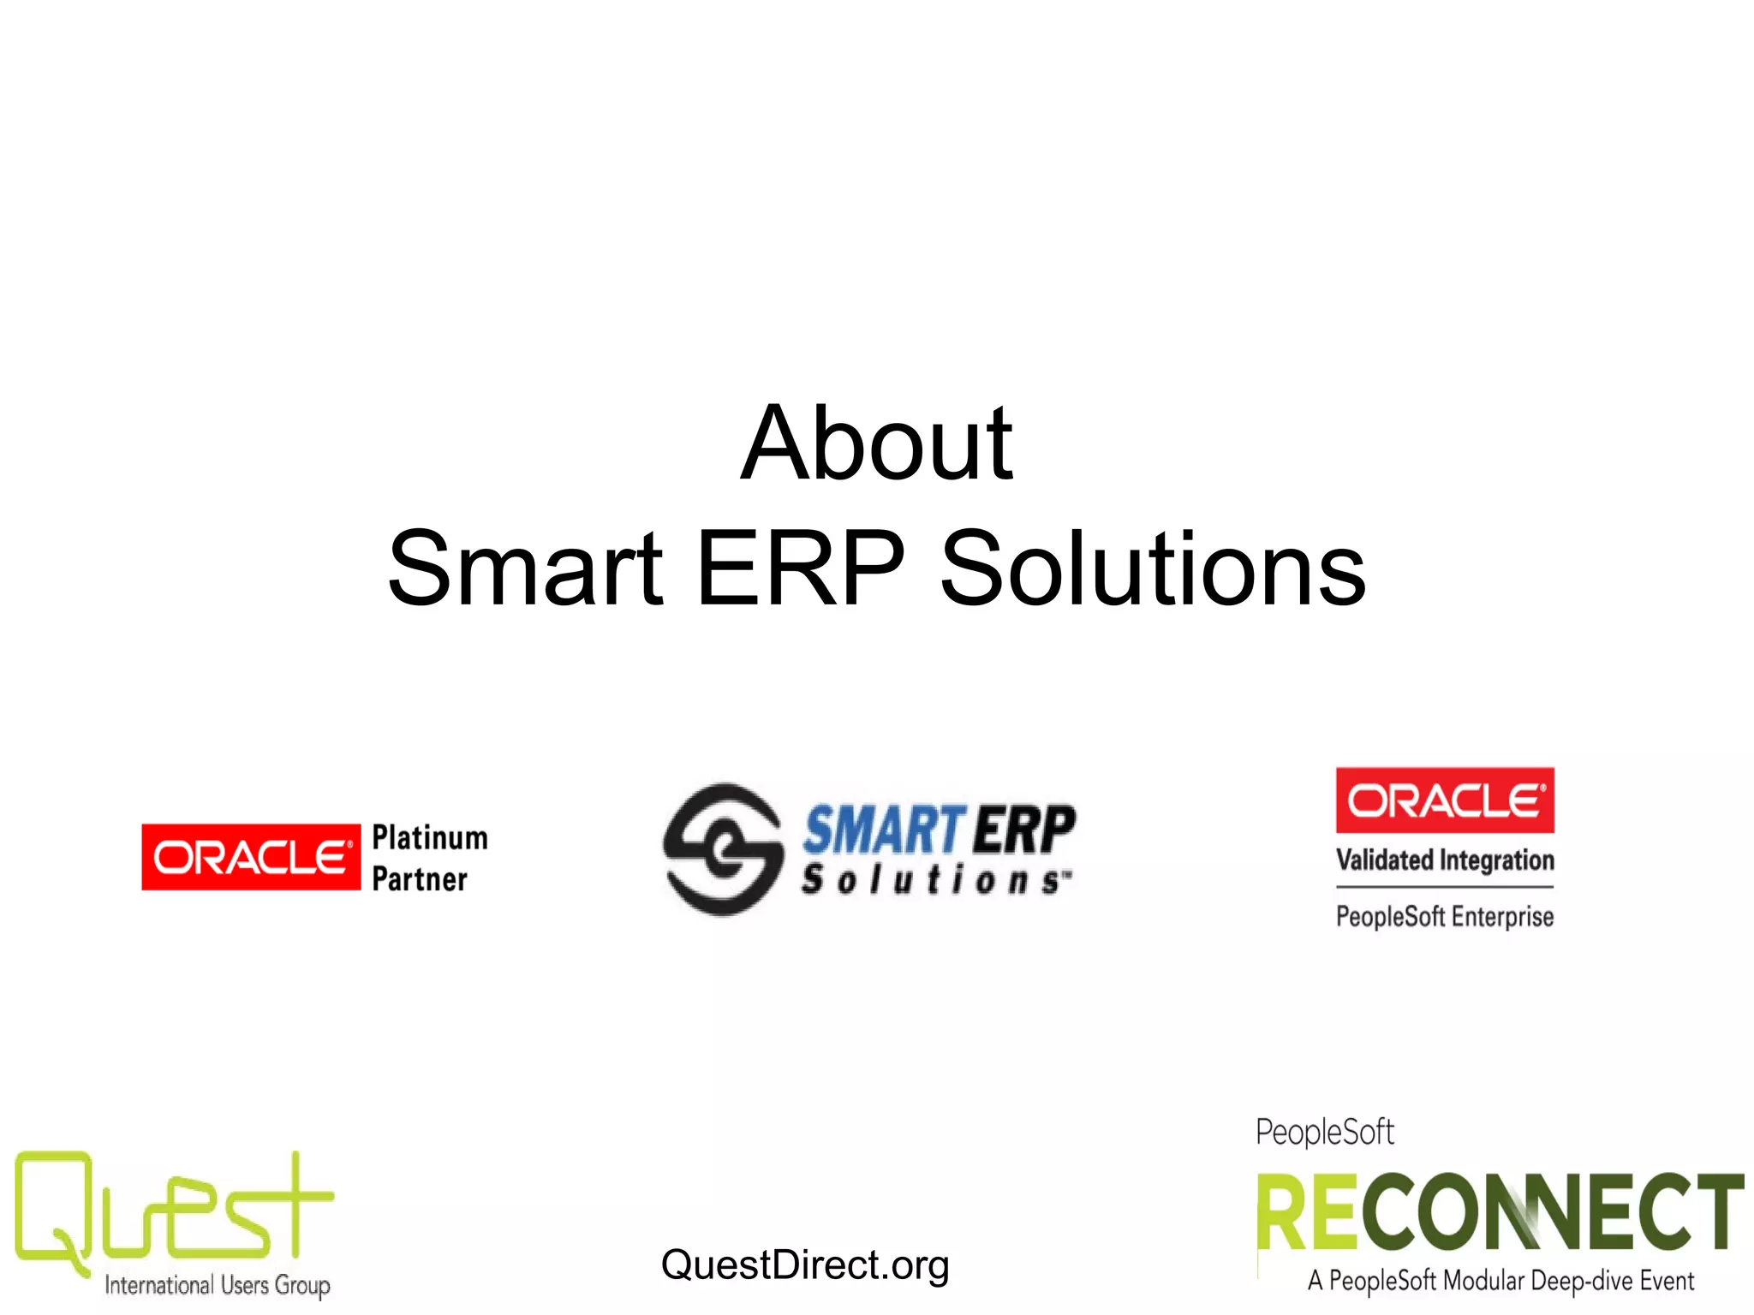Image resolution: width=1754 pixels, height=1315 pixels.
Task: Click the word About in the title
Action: [876, 445]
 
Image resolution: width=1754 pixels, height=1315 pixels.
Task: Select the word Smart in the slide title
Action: [524, 569]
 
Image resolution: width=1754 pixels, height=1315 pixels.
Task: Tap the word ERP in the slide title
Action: [800, 569]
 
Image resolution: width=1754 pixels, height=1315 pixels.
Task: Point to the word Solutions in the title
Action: [1152, 569]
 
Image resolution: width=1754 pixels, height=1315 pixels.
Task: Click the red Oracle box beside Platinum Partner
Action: [251, 857]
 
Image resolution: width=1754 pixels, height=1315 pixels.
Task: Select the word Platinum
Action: [430, 837]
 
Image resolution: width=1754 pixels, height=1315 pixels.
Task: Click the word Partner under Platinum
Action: [420, 879]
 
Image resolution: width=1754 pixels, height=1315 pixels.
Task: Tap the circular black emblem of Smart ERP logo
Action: [723, 849]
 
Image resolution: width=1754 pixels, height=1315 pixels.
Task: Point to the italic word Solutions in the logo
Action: [935, 880]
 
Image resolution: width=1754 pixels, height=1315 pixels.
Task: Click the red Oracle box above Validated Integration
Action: [1445, 800]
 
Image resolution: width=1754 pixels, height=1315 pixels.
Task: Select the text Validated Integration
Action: [1445, 860]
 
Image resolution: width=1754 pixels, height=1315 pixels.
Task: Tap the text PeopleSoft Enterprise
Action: [1445, 917]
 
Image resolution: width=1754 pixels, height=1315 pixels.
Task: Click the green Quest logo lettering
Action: [171, 1211]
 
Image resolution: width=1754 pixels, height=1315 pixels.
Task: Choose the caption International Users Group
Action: [218, 1285]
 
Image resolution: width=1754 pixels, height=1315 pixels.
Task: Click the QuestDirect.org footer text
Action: [805, 1265]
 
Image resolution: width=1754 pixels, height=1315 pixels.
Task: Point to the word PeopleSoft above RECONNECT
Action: [1325, 1133]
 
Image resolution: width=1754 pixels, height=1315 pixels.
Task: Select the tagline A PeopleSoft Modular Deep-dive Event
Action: [1500, 1282]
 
